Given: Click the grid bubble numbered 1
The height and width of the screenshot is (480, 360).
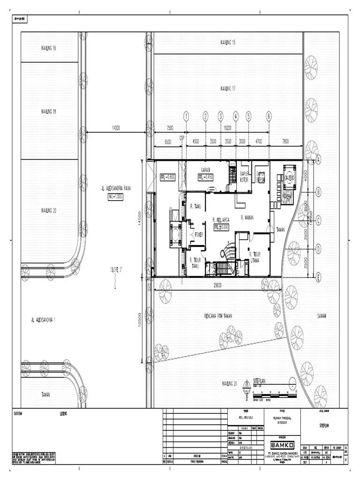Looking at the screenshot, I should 186,116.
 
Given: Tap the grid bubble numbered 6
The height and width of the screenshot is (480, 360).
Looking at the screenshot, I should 269,116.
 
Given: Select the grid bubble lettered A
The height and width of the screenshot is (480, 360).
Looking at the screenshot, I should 318,159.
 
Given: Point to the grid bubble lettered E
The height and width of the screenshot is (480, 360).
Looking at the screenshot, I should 318,277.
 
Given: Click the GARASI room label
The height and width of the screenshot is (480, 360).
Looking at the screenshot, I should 205,170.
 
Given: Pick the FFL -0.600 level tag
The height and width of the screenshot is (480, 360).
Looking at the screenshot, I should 167,177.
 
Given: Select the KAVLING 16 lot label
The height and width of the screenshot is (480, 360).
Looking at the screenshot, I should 49,48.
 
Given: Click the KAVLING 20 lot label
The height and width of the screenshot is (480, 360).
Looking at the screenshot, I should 49,210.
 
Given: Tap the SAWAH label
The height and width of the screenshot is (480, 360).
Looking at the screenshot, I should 321,316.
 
